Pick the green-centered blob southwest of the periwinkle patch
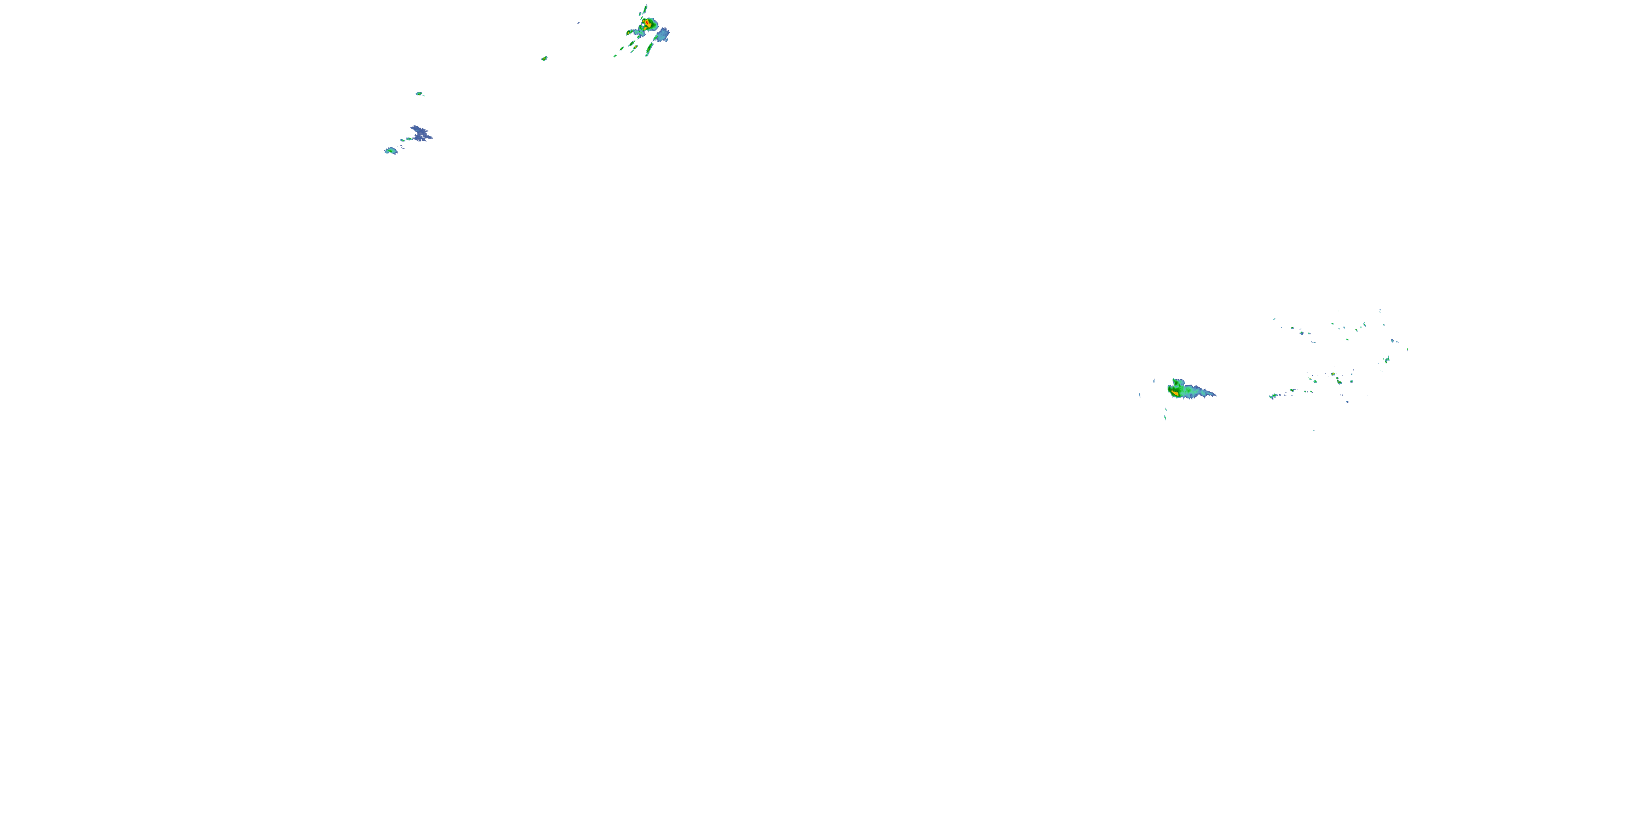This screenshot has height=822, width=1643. (x=390, y=151)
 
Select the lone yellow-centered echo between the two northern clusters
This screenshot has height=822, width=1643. (x=544, y=59)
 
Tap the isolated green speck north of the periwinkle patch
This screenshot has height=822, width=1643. (x=419, y=94)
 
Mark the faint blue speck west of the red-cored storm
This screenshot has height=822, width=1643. (x=578, y=23)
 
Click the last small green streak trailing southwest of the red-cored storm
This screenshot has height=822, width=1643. (x=616, y=55)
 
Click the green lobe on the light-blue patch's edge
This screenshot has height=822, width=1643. (x=656, y=37)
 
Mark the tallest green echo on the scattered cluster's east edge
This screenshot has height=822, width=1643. (x=1387, y=360)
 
